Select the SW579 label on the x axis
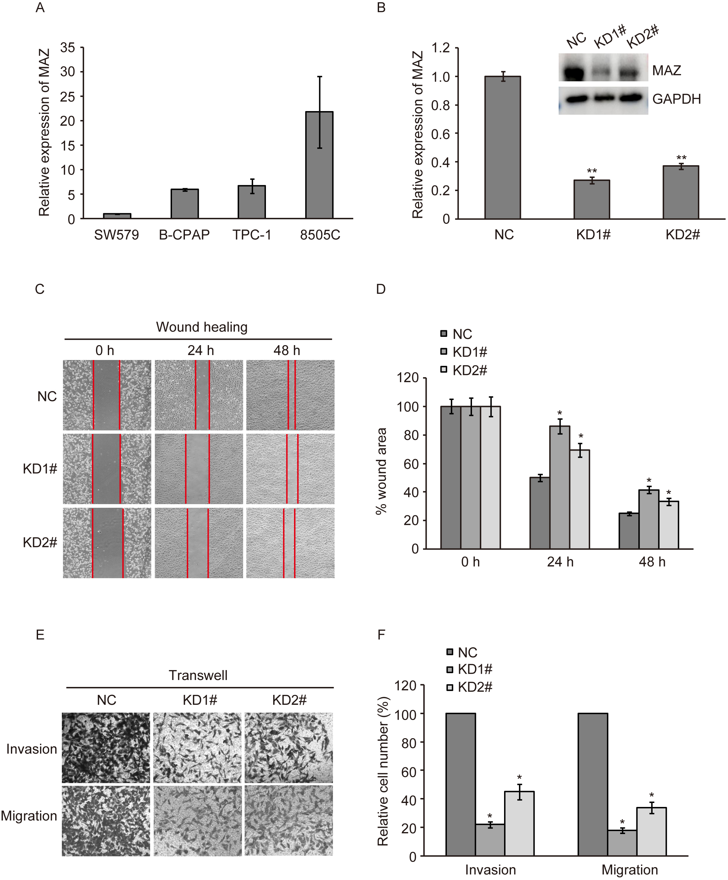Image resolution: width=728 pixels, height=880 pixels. coord(116,235)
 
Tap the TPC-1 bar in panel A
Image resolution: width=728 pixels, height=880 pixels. coord(252,202)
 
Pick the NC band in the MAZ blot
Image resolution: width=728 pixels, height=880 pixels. coord(574,72)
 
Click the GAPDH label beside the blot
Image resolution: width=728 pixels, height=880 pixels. coord(676,99)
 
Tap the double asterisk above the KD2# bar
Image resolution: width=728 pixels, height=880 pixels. coord(681,158)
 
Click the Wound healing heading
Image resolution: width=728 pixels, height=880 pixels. coord(202,327)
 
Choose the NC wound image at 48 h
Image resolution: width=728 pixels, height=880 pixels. coord(290,395)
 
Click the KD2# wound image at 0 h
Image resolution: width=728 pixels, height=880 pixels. coord(107,543)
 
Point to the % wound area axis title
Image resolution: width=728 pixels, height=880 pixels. coord(381,471)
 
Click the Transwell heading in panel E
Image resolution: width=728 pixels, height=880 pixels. coord(198,675)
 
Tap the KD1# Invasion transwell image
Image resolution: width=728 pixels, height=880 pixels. coord(197,748)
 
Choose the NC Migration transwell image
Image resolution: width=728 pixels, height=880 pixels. coord(106,820)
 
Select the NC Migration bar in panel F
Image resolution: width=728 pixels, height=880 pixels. coord(592,784)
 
